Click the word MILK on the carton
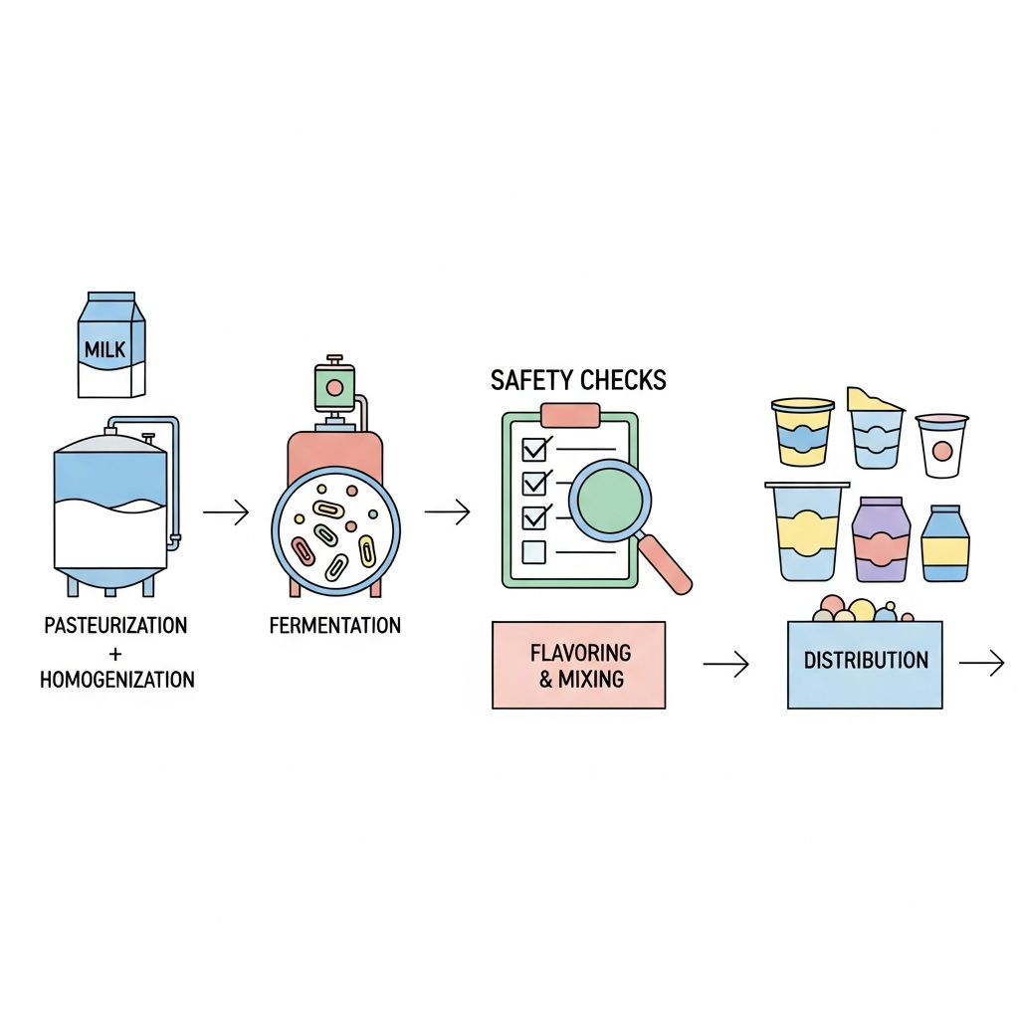pos(104,349)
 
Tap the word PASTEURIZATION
pos(115,625)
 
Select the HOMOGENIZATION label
pos(117,680)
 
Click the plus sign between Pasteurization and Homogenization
pos(115,653)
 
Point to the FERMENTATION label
pos(334,625)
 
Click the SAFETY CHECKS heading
pos(578,380)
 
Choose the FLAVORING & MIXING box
pos(578,665)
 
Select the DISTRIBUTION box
pos(865,665)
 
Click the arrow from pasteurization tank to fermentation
pos(226,512)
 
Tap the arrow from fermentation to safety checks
pos(447,511)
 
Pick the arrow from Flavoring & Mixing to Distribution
pos(725,664)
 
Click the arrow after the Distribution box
pos(982,664)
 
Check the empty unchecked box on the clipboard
pos(533,551)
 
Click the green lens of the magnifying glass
pos(610,501)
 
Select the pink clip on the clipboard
pos(570,415)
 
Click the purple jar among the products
pos(881,539)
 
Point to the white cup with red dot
pos(942,446)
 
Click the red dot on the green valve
pos(334,388)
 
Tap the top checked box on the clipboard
pos(534,449)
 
